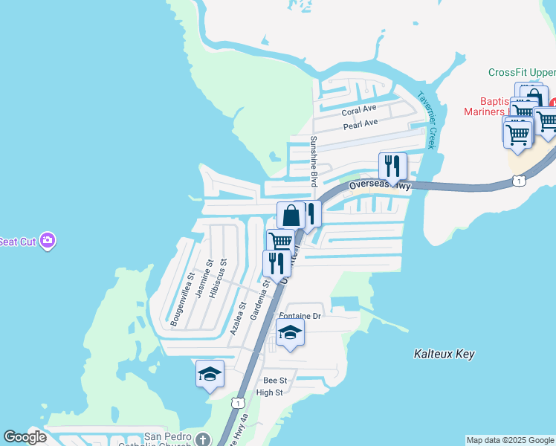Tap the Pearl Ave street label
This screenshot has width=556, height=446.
click(x=361, y=124)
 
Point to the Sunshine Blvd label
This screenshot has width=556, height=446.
click(x=314, y=161)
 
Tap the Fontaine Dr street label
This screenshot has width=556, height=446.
click(x=300, y=316)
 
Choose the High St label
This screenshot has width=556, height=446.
click(x=269, y=392)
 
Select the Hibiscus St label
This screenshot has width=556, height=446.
click(x=217, y=279)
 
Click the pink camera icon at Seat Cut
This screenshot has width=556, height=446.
click(x=48, y=241)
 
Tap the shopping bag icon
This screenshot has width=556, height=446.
click(x=291, y=216)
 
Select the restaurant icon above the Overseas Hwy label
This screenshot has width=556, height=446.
click(x=392, y=166)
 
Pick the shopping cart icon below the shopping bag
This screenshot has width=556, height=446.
click(x=280, y=242)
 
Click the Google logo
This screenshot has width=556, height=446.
click(x=25, y=437)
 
